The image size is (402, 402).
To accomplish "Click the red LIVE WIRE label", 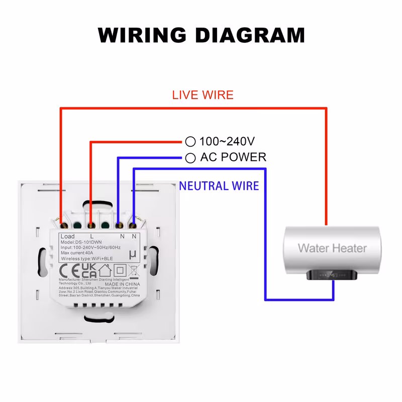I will tap(203, 94).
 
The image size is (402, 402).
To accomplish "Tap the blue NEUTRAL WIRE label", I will tap(219, 186).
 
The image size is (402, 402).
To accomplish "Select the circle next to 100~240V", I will tap(190, 142).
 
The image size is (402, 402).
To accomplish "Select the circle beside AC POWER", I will tap(190, 158).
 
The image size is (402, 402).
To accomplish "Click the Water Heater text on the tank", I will tap(332, 248).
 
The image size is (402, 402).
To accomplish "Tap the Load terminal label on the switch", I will tap(67, 236).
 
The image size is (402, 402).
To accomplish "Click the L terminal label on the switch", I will tap(91, 236).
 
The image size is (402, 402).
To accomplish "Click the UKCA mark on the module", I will tap(89, 270).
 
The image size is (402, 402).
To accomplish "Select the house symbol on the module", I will tap(105, 269).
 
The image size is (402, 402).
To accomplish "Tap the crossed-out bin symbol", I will tap(134, 270).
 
